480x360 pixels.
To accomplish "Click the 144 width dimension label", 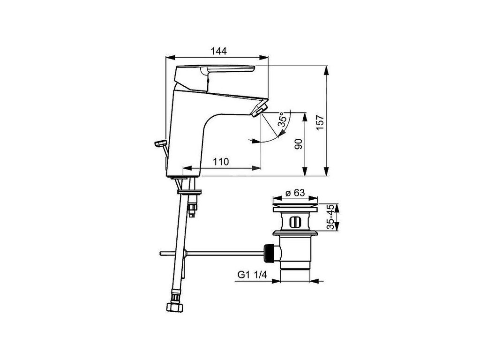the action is pyautogui.click(x=219, y=51).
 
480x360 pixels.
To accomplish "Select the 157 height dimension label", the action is pyautogui.click(x=320, y=122).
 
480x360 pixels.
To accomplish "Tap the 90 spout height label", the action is pyautogui.click(x=299, y=144).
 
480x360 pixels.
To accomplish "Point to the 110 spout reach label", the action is pyautogui.click(x=221, y=162).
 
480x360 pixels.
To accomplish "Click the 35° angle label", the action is pyautogui.click(x=283, y=119).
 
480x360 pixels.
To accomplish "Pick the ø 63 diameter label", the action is pyautogui.click(x=295, y=193).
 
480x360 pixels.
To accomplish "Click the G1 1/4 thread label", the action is pyautogui.click(x=252, y=275).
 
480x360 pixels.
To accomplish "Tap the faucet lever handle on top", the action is pyautogui.click(x=214, y=76).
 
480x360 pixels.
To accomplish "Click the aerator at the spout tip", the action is pyautogui.click(x=260, y=110).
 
